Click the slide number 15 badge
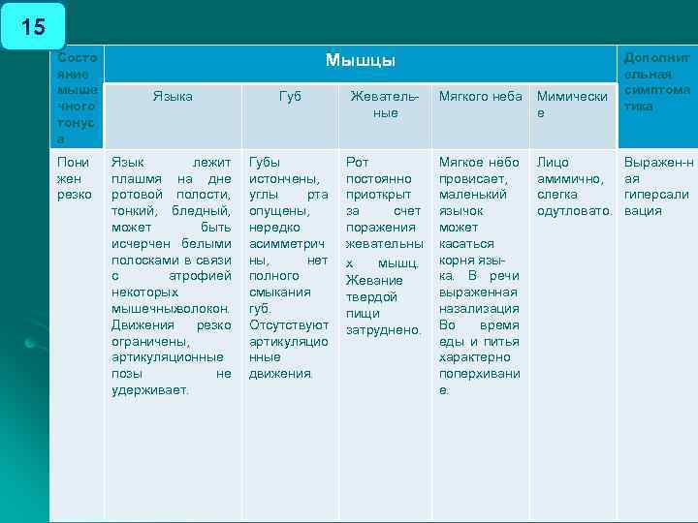click(x=33, y=26)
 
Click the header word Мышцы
click(x=361, y=61)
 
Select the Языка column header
click(x=173, y=96)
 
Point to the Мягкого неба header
click(x=480, y=96)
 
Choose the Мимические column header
click(x=572, y=105)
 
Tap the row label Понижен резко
click(x=74, y=178)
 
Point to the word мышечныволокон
click(x=171, y=309)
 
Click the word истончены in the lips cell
click(x=283, y=178)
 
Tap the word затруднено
click(x=384, y=329)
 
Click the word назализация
click(x=479, y=308)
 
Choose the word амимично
click(x=570, y=178)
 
